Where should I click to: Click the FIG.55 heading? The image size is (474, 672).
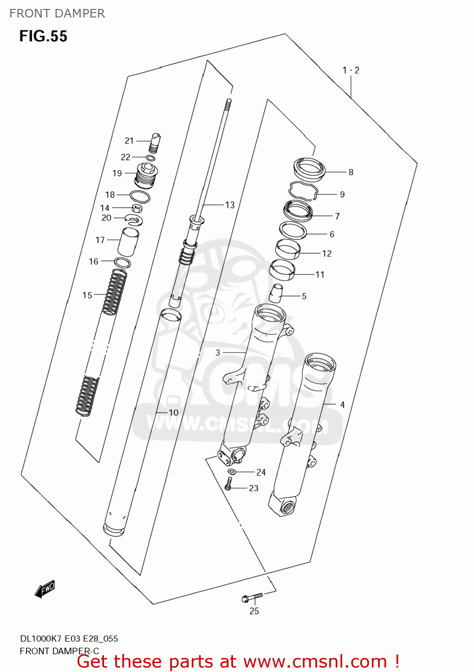43,36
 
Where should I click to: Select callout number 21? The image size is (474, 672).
129,141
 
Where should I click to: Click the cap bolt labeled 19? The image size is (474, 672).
147,176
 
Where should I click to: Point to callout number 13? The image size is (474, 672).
230,205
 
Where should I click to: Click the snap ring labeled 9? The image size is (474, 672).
303,190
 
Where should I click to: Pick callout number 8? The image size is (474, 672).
351,172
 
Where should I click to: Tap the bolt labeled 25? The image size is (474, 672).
252,597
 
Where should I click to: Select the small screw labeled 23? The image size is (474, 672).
228,483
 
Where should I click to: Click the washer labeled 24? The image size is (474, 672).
232,471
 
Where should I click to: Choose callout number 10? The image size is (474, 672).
173,413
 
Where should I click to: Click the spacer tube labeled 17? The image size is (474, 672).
128,241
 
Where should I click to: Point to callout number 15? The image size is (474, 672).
87,295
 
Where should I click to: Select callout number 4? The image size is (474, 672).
342,405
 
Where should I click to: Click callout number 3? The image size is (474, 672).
218,353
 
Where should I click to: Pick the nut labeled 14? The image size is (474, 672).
137,208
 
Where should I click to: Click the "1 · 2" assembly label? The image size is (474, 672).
351,70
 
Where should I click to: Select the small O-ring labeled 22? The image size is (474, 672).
151,158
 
